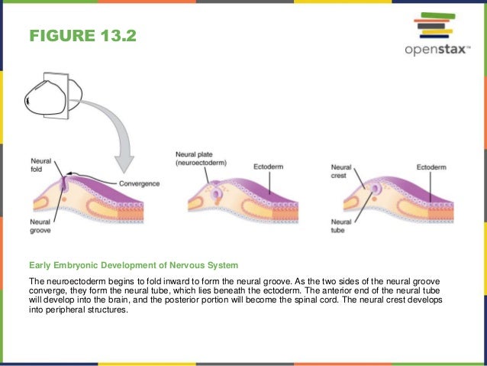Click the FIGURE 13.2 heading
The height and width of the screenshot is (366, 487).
(82, 36)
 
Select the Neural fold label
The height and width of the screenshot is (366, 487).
(40, 165)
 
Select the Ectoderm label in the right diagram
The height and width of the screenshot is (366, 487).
(431, 165)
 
